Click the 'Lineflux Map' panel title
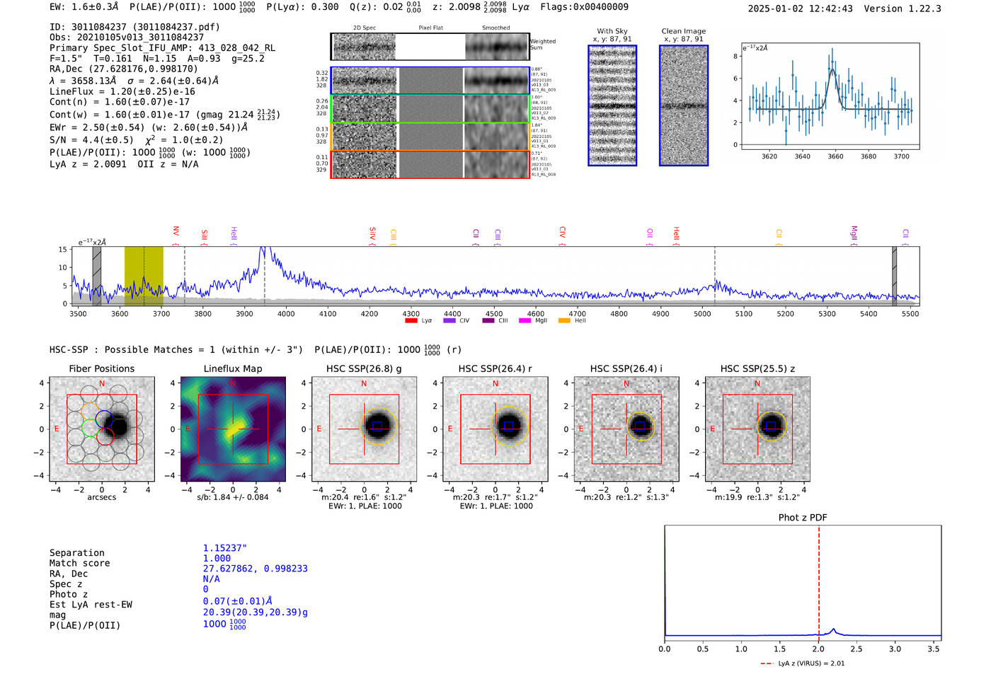tap(232, 368)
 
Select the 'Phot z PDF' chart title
tap(802, 517)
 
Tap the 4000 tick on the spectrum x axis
tap(286, 313)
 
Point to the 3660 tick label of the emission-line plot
tap(835, 156)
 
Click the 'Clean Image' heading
tap(683, 31)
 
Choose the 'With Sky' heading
tap(612, 31)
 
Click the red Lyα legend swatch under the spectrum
tap(411, 320)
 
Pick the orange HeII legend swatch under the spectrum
tap(564, 320)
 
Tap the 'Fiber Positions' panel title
tap(101, 368)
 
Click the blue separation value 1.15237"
tap(224, 548)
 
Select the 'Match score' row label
tap(79, 563)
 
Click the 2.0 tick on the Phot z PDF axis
tap(818, 649)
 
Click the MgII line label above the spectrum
tap(854, 234)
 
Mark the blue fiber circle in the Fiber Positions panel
tap(104, 418)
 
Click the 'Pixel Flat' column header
tap(430, 28)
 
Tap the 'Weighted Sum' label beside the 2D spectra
tap(542, 45)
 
